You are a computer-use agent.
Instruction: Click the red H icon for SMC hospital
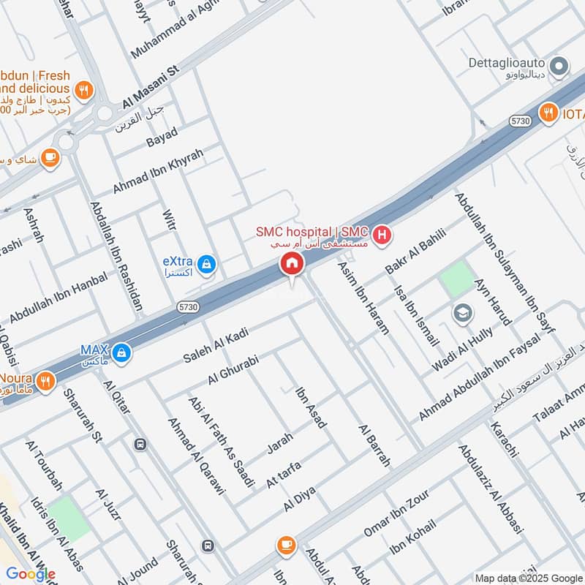tap(381, 235)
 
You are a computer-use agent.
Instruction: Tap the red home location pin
tap(291, 265)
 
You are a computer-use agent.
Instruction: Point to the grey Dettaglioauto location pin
tap(559, 68)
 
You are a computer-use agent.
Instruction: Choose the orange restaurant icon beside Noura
tap(45, 380)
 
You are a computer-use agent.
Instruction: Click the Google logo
tap(31, 574)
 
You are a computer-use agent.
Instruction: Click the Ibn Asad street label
tap(310, 407)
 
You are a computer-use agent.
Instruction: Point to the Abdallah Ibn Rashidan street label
tap(117, 256)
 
